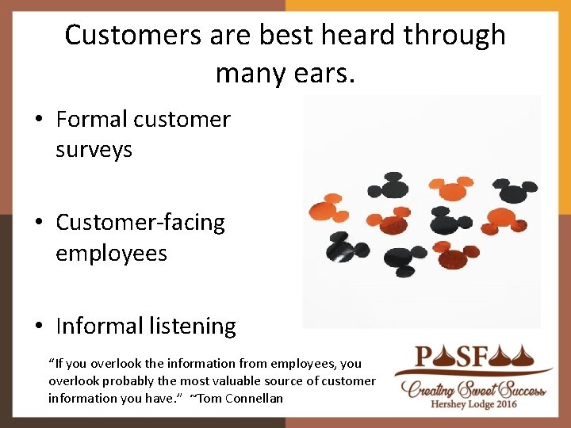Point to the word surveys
[x=94, y=150]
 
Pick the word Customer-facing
[x=140, y=223]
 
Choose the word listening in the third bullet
[x=190, y=327]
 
